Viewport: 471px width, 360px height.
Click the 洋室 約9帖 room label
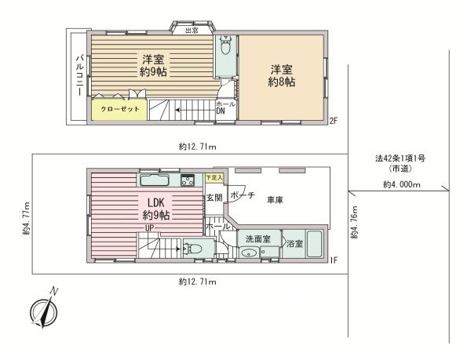[x=152, y=66]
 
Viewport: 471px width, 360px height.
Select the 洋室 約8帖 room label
[x=281, y=76]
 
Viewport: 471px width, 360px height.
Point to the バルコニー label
[x=78, y=76]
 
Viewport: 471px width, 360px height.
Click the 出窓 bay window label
[x=191, y=31]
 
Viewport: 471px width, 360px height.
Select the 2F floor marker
[x=334, y=121]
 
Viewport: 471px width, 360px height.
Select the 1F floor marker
[x=333, y=257]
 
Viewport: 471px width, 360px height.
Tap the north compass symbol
[x=43, y=310]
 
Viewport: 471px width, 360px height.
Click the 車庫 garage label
[x=275, y=200]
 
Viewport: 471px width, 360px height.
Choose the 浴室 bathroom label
[x=294, y=244]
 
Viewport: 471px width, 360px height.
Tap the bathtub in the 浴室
[x=315, y=243]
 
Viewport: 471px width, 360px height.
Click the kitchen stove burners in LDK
[x=188, y=182]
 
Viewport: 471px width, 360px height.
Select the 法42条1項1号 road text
[x=400, y=158]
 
